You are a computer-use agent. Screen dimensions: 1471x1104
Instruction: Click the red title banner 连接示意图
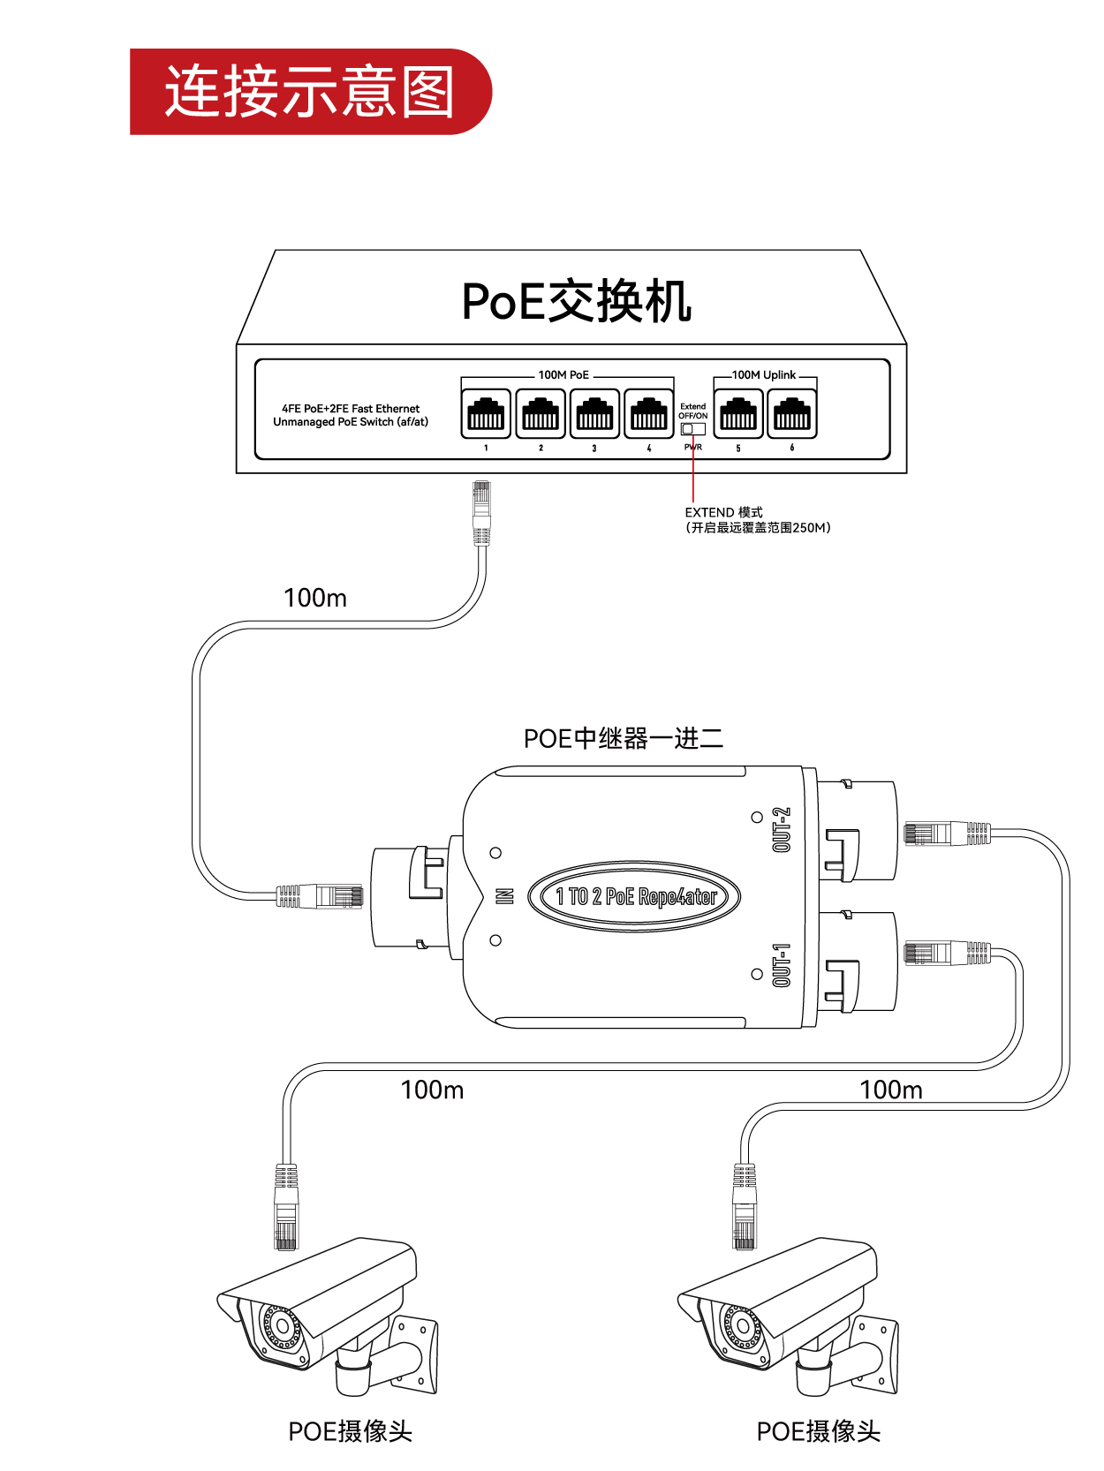click(309, 91)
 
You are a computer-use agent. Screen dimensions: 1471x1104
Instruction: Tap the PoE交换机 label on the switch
click(576, 302)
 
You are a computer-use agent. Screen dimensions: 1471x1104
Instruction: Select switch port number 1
click(486, 413)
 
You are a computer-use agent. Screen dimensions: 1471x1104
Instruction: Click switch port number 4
click(649, 413)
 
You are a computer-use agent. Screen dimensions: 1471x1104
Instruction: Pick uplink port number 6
click(792, 413)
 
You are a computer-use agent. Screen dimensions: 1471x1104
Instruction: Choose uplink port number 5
click(738, 413)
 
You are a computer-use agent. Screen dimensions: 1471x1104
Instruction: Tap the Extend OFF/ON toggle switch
click(692, 429)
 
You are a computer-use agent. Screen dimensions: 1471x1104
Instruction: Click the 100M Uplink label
click(764, 375)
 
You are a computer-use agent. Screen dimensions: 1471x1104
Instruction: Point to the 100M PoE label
click(563, 375)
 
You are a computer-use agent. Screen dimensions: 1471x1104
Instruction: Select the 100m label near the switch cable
click(315, 599)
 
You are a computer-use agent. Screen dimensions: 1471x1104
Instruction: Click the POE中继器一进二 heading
click(624, 738)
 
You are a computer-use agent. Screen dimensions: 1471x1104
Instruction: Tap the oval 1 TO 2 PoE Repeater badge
click(634, 897)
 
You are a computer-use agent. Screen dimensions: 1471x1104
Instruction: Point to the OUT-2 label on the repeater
click(782, 830)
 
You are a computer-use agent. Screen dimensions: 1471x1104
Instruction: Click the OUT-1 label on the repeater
click(782, 965)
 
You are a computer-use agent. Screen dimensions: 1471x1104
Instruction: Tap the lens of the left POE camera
click(282, 1325)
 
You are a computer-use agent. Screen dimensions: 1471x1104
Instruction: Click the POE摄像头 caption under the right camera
click(819, 1431)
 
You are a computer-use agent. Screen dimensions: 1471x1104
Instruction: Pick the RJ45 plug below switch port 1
click(481, 512)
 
